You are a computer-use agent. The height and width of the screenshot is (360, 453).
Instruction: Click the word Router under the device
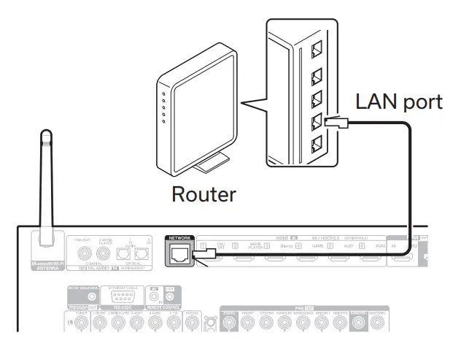coord(203,194)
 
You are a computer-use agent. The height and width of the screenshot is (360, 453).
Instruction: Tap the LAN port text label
coord(398,102)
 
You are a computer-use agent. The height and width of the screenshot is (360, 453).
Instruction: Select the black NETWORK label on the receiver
coord(179,238)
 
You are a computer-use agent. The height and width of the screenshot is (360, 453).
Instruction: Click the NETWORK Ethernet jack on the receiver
coord(179,253)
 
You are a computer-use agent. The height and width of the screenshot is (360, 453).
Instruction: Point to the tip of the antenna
coord(45,136)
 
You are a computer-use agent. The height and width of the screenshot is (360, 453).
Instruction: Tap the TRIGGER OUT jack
coord(93,298)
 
